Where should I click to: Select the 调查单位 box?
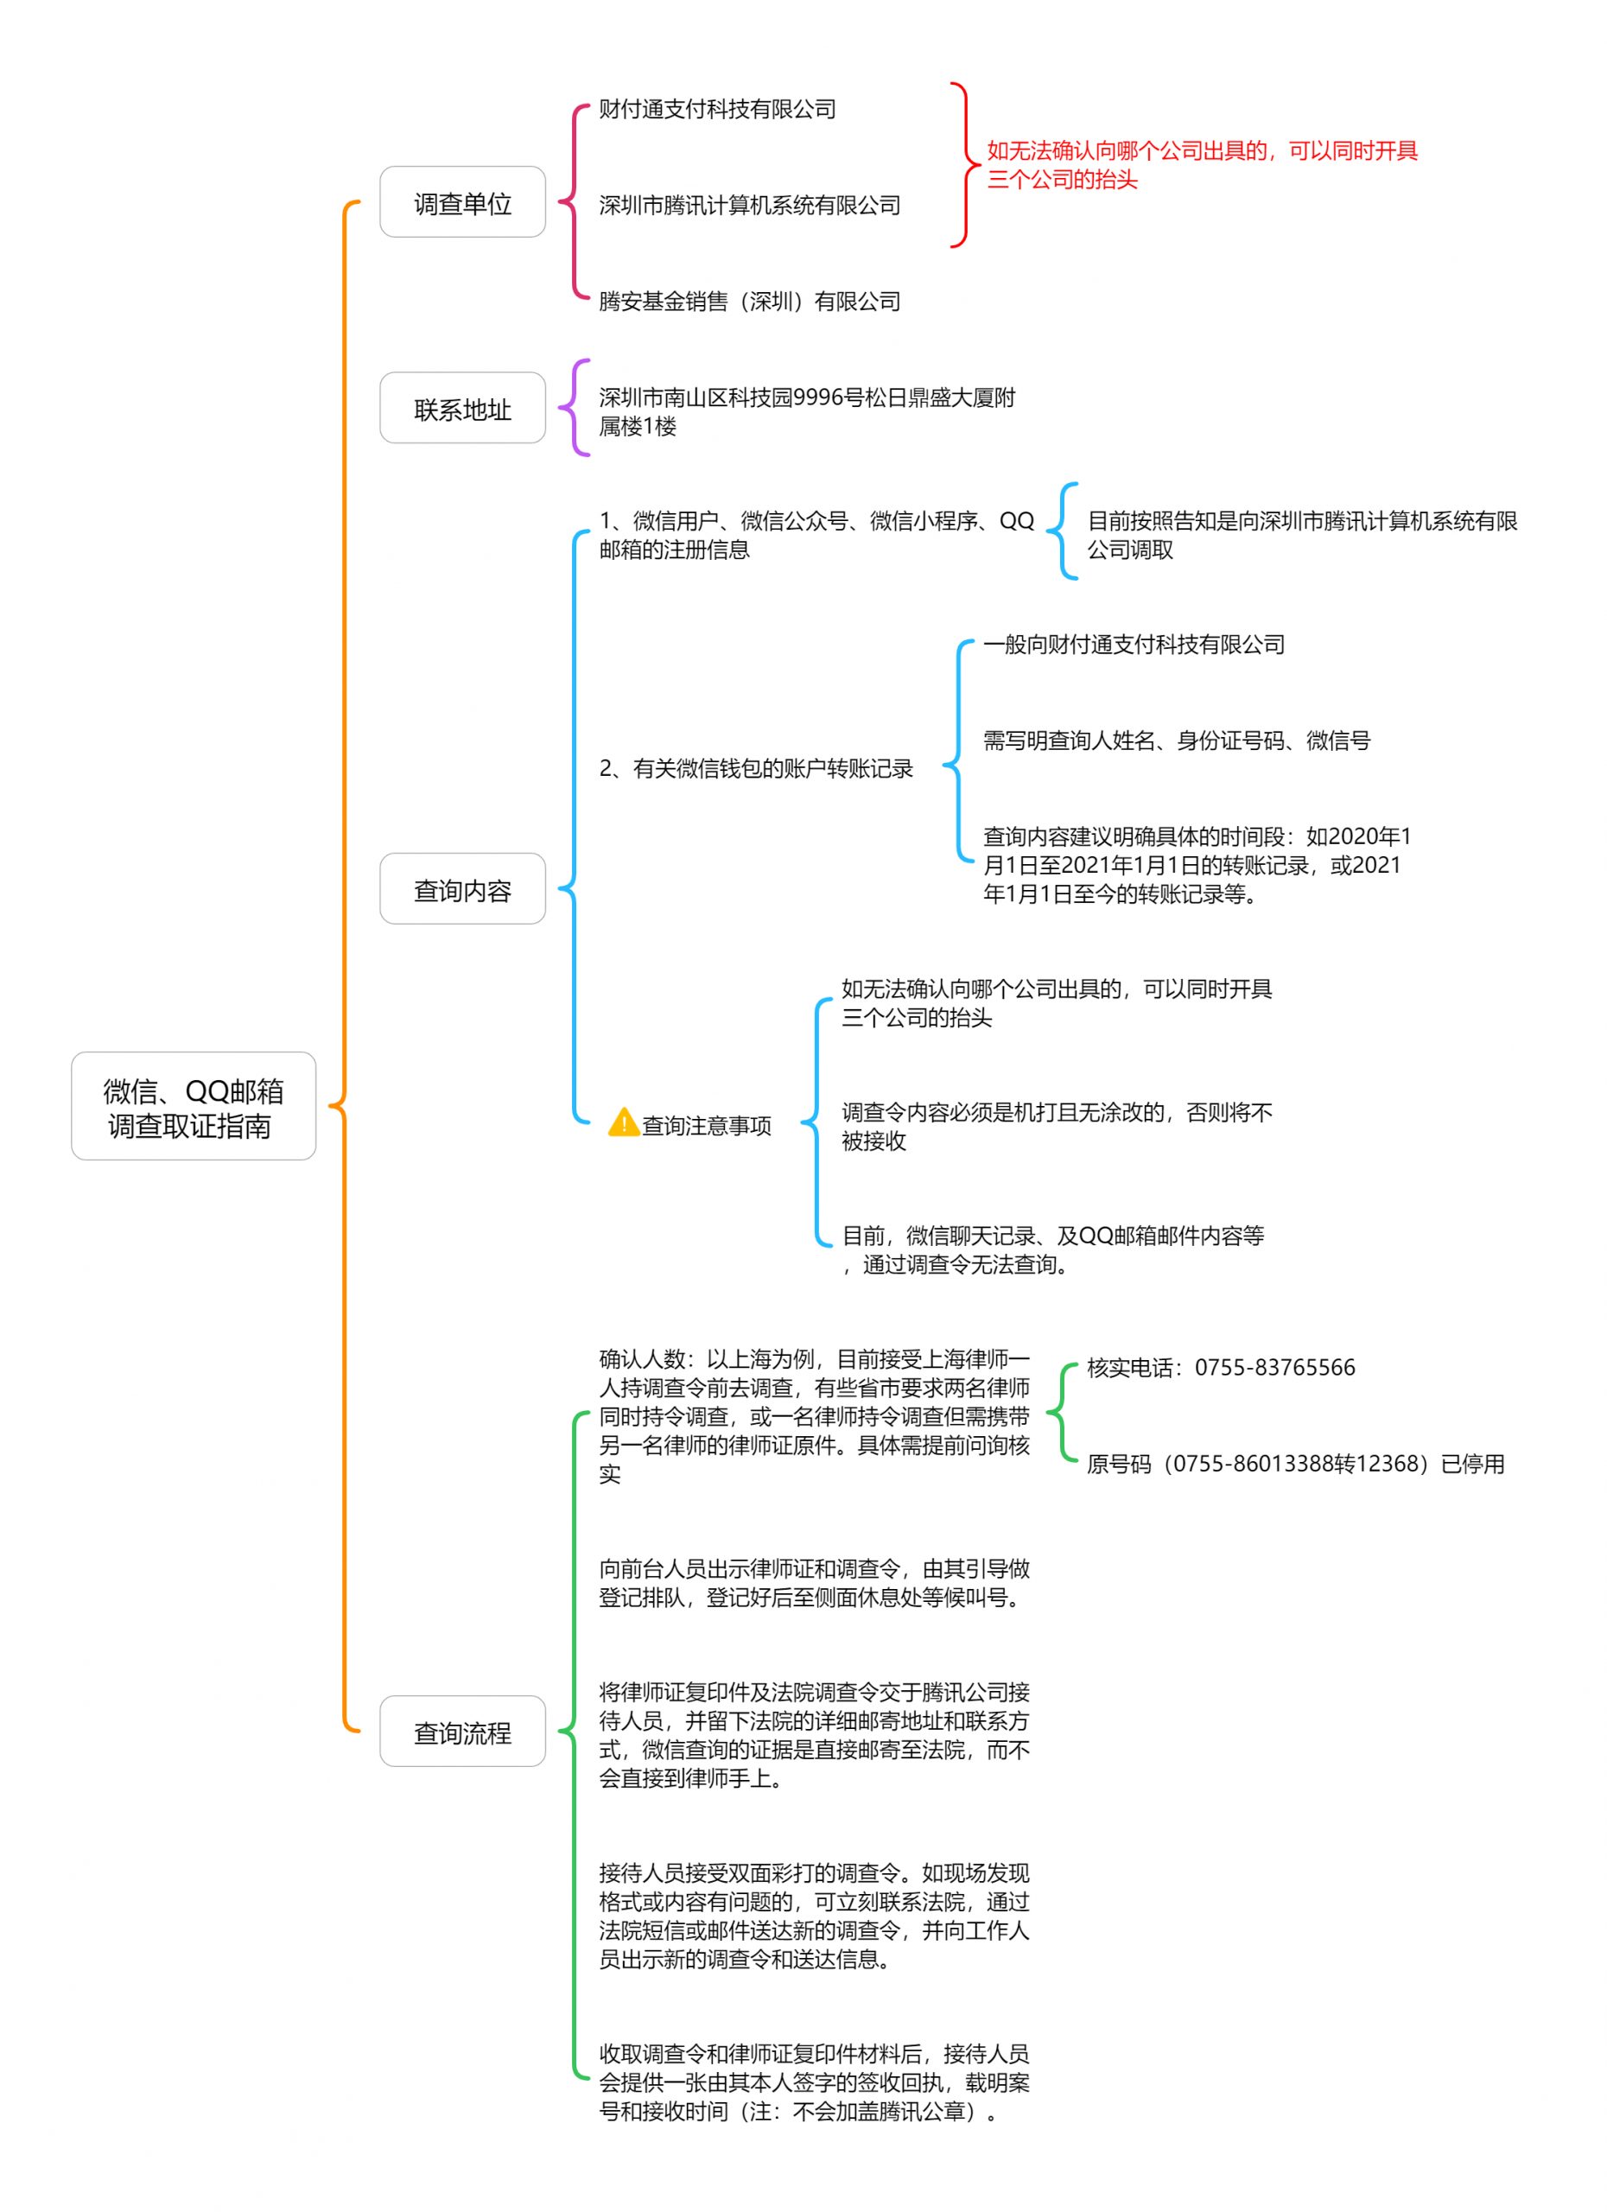pos(462,202)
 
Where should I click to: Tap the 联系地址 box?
pos(462,408)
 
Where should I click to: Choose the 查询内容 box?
pos(462,888)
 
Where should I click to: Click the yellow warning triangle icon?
pos(623,1122)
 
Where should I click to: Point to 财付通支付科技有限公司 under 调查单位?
pos(717,108)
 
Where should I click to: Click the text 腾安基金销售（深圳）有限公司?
pos(749,302)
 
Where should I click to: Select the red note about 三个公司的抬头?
pos(1203,165)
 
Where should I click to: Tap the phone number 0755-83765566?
pos(1274,1368)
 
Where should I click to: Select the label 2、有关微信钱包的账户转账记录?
pos(756,768)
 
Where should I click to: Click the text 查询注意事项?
pos(706,1126)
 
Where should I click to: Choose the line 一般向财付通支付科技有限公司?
pos(1133,645)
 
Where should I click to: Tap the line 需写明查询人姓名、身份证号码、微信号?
pos(1176,741)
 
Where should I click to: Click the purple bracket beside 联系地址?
pos(574,408)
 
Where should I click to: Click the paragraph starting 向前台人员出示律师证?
pos(814,1583)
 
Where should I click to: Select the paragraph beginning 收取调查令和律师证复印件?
pos(814,2082)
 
